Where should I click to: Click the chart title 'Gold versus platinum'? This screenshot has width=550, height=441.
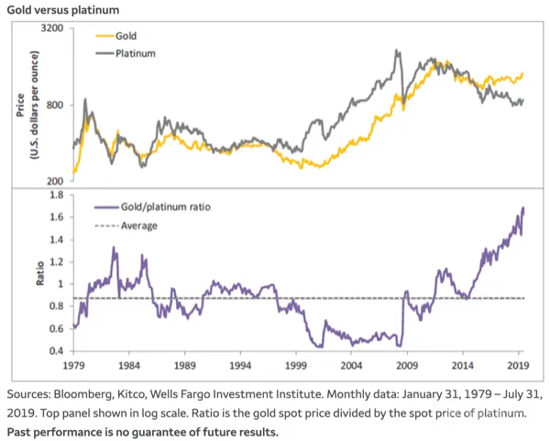pyautogui.click(x=63, y=10)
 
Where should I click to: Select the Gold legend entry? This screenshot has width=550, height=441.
pyautogui.click(x=116, y=36)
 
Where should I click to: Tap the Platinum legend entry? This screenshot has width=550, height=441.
pyautogui.click(x=126, y=53)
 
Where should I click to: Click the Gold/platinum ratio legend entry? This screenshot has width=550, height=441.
pyautogui.click(x=152, y=207)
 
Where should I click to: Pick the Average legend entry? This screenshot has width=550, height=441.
pyautogui.click(x=126, y=226)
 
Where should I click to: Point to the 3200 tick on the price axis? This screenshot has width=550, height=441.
pyautogui.click(x=52, y=28)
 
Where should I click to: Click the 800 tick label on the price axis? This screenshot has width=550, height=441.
pyautogui.click(x=55, y=105)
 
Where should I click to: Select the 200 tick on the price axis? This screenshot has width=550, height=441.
pyautogui.click(x=55, y=181)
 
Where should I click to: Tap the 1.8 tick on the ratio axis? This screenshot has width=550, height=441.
pyautogui.click(x=57, y=194)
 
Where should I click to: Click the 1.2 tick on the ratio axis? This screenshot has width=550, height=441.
pyautogui.click(x=57, y=261)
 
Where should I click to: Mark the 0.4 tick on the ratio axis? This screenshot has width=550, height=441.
pyautogui.click(x=57, y=351)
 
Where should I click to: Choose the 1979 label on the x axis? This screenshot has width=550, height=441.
pyautogui.click(x=73, y=366)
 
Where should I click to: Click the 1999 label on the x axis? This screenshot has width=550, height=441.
pyautogui.click(x=296, y=366)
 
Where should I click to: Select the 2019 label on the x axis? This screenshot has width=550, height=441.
pyautogui.click(x=518, y=366)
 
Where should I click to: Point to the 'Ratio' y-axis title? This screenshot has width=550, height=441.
pyautogui.click(x=40, y=273)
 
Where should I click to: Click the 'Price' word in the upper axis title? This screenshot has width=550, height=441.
pyautogui.click(x=20, y=105)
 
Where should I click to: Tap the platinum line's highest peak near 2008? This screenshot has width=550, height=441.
pyautogui.click(x=397, y=50)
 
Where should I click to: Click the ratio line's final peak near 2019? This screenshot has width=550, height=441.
pyautogui.click(x=523, y=208)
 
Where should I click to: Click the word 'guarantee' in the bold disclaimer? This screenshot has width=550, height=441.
pyautogui.click(x=163, y=432)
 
